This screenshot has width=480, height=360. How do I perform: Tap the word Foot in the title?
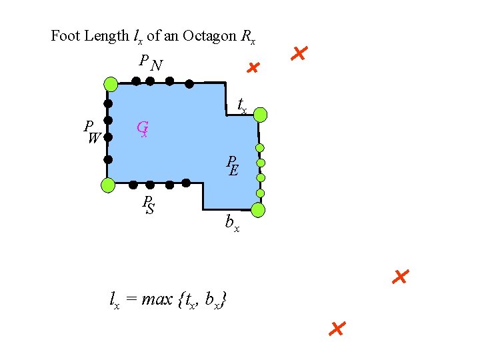coord(66,36)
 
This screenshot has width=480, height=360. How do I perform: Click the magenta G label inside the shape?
coord(142,128)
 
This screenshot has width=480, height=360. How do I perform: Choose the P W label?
coord(92,132)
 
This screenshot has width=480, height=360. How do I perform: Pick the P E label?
coord(232,166)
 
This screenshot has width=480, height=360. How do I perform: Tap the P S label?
coord(149,205)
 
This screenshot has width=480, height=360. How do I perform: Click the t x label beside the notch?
coord(243,105)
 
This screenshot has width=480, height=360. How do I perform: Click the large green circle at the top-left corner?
coord(111,84)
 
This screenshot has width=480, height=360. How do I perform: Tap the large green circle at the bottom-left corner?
coord(107,185)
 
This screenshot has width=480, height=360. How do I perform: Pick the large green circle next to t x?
coord(261,115)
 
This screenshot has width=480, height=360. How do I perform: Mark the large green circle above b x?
coord(259,210)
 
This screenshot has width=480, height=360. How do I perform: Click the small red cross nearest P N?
coord(252,68)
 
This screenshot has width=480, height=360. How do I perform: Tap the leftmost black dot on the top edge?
coord(135,81)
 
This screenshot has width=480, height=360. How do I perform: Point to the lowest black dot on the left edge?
coord(108,159)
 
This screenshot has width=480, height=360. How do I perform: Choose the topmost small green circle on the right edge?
coord(260,148)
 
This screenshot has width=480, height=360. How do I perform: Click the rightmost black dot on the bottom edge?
coord(187,183)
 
